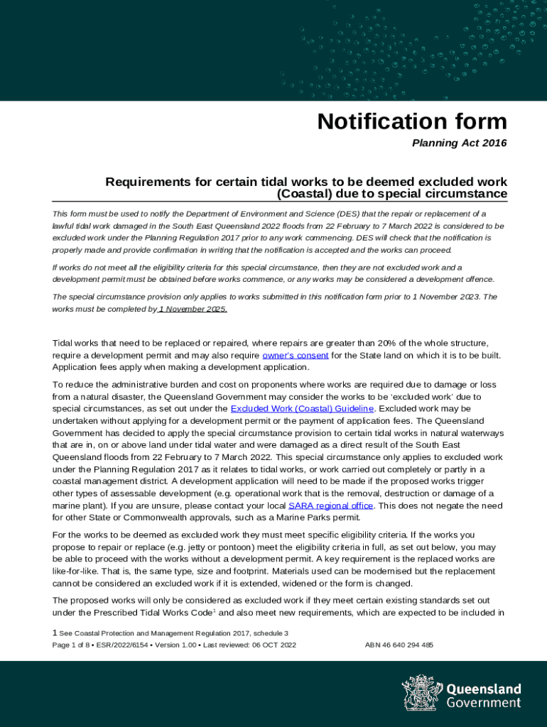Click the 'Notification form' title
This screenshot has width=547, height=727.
(x=412, y=121)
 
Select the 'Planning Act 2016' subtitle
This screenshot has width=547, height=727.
(x=460, y=143)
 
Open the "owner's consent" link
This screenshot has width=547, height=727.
(x=295, y=355)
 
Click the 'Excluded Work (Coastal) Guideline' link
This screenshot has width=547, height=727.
(x=303, y=409)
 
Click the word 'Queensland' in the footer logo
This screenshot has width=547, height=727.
(x=483, y=689)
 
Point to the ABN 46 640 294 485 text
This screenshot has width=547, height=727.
(x=399, y=645)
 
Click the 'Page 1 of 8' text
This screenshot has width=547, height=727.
(x=72, y=645)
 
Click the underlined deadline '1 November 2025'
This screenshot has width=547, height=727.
(x=193, y=310)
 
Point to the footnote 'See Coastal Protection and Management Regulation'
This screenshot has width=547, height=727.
(x=173, y=633)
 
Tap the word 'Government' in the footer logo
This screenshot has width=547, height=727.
(x=483, y=703)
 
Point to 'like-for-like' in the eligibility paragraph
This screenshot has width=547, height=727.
(x=77, y=572)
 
